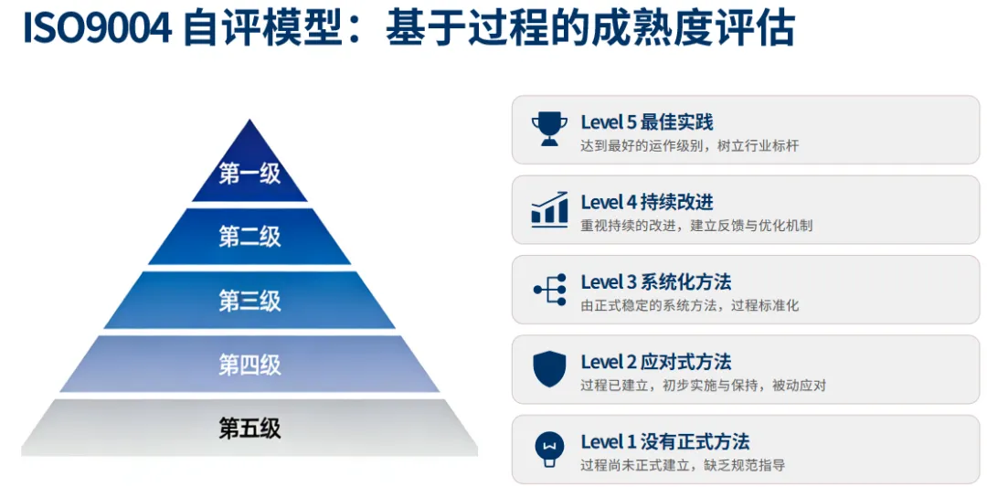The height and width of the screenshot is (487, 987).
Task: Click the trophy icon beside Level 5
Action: pyautogui.click(x=549, y=129)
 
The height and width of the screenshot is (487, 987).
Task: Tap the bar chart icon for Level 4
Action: pyautogui.click(x=549, y=209)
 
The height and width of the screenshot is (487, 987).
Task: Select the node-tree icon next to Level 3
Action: pyautogui.click(x=549, y=289)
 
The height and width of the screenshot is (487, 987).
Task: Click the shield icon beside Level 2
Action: pyautogui.click(x=549, y=368)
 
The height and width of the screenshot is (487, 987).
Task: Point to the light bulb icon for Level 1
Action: pyautogui.click(x=549, y=448)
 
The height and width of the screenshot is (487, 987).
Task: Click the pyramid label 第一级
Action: pyautogui.click(x=249, y=173)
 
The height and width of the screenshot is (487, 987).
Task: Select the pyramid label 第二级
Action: pyautogui.click(x=249, y=237)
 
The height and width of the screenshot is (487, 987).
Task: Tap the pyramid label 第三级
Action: pyautogui.click(x=249, y=301)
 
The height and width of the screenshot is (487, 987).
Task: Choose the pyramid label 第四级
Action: pyautogui.click(x=249, y=365)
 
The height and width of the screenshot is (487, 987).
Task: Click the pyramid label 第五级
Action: pyautogui.click(x=249, y=428)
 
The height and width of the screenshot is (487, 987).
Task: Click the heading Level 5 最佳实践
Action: pyautogui.click(x=646, y=122)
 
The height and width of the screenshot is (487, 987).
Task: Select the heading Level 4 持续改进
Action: pyautogui.click(x=646, y=202)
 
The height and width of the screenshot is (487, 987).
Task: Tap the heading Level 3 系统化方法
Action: pyautogui.click(x=655, y=281)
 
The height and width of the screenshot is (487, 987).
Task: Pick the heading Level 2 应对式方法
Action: pyautogui.click(x=655, y=362)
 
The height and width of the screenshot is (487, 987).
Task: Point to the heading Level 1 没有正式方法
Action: pyautogui.click(x=664, y=441)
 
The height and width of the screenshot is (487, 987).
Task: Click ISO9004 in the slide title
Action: pyautogui.click(x=97, y=30)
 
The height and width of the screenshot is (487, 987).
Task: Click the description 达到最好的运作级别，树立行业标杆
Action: pyautogui.click(x=689, y=146)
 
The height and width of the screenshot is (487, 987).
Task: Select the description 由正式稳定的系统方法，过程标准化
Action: pyautogui.click(x=689, y=305)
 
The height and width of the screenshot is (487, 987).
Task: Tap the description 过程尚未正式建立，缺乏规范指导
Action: pyautogui.click(x=682, y=465)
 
